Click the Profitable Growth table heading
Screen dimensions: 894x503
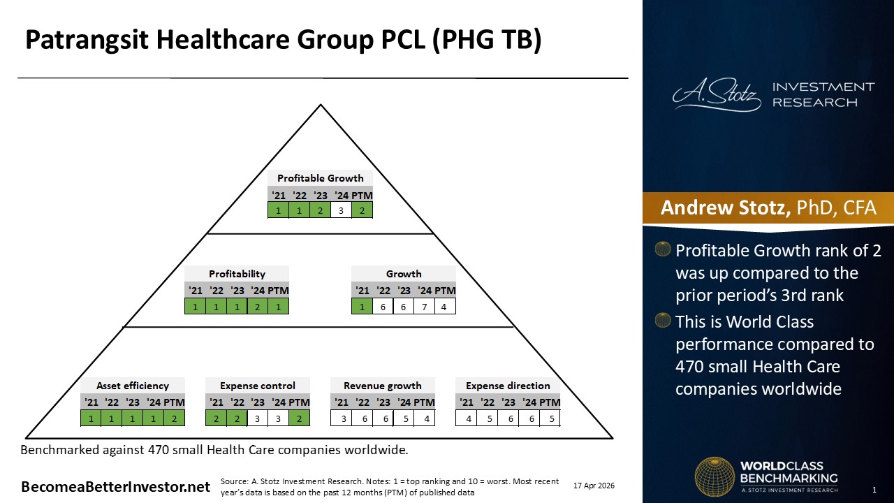click(320, 178)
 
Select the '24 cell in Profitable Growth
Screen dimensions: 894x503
click(341, 210)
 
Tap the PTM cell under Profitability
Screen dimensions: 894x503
click(278, 307)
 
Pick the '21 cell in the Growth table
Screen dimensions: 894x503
click(362, 307)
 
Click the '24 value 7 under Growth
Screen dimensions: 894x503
click(424, 307)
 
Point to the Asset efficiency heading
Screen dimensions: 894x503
click(133, 386)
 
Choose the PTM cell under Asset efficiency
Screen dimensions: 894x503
click(174, 418)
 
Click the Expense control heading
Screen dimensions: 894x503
click(258, 386)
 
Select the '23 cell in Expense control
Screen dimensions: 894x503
click(258, 418)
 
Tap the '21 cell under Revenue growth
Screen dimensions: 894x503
click(342, 418)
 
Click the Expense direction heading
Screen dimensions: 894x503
click(508, 386)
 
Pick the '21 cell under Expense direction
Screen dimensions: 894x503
click(466, 418)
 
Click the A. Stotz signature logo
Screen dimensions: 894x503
click(717, 95)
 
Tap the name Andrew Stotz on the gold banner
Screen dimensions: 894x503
click(725, 207)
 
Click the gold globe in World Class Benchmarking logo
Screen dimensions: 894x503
click(715, 476)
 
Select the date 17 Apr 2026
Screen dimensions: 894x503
click(594, 486)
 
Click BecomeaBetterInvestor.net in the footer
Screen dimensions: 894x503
click(115, 487)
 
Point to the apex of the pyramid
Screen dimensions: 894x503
click(321, 105)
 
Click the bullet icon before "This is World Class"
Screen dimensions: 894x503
click(663, 320)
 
